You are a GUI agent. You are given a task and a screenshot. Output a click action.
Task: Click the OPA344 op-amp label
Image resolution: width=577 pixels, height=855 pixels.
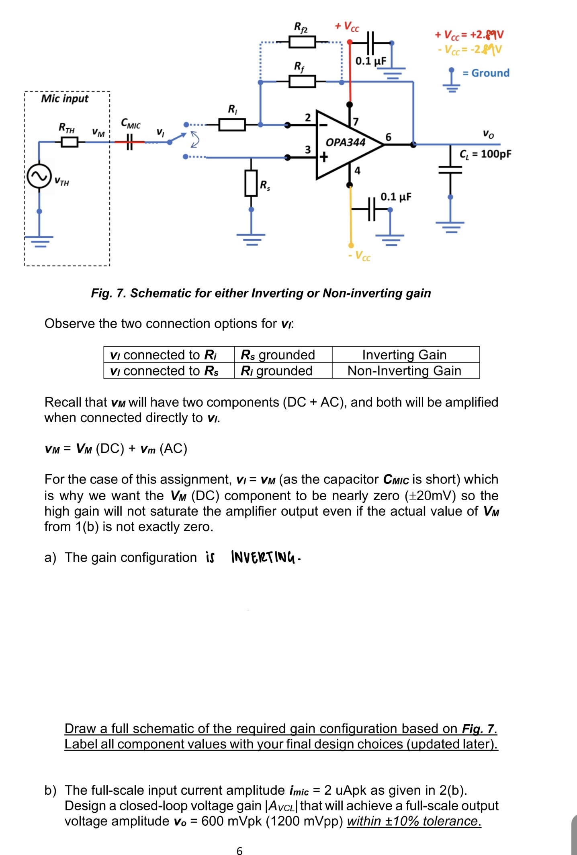pyautogui.click(x=345, y=142)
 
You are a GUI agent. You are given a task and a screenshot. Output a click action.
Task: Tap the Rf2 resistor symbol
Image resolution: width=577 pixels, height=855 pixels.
pyautogui.click(x=302, y=42)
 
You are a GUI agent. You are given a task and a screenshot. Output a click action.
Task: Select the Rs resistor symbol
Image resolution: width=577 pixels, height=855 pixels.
pyautogui.click(x=251, y=183)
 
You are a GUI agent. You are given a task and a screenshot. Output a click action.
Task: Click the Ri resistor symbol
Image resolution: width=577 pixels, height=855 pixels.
pyautogui.click(x=232, y=125)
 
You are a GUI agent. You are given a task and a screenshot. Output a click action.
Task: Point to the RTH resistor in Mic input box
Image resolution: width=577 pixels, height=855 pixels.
pyautogui.click(x=70, y=142)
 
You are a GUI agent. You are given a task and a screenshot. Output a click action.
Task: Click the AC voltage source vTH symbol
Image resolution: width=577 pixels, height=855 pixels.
pyautogui.click(x=39, y=176)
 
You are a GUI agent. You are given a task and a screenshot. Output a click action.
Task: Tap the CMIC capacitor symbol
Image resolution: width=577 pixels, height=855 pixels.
pyautogui.click(x=129, y=142)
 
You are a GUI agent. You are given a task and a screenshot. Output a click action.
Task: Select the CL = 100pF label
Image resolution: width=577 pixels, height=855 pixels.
pyautogui.click(x=485, y=154)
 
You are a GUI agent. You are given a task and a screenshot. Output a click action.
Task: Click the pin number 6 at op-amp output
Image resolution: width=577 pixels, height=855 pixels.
pyautogui.click(x=388, y=137)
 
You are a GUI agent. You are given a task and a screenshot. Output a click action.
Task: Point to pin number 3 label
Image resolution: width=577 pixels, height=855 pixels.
pyautogui.click(x=307, y=150)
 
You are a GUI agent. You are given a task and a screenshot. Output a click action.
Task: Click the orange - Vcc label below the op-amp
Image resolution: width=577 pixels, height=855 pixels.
pyautogui.click(x=360, y=256)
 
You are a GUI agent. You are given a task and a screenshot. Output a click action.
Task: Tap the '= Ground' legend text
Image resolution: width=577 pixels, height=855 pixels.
pyautogui.click(x=486, y=73)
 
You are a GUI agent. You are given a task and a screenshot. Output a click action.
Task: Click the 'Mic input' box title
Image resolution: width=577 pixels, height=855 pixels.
pyautogui.click(x=65, y=99)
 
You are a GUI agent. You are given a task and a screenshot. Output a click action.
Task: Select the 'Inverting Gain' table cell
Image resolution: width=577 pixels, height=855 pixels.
pyautogui.click(x=404, y=355)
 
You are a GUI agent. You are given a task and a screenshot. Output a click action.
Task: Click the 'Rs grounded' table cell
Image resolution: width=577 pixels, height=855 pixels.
pyautogui.click(x=278, y=355)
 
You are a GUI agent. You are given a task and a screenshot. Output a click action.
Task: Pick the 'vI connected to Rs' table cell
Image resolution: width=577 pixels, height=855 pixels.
pyautogui.click(x=165, y=371)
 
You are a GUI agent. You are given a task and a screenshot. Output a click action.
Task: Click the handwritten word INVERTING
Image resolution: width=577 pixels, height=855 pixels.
pyautogui.click(x=264, y=557)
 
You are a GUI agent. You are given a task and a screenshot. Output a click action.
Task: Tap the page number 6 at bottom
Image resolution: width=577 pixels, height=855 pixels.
pyautogui.click(x=239, y=851)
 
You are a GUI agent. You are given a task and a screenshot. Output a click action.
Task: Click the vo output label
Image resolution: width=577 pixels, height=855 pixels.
pyautogui.click(x=488, y=134)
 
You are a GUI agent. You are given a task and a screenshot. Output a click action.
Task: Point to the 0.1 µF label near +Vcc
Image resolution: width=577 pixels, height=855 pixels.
pyautogui.click(x=370, y=61)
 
